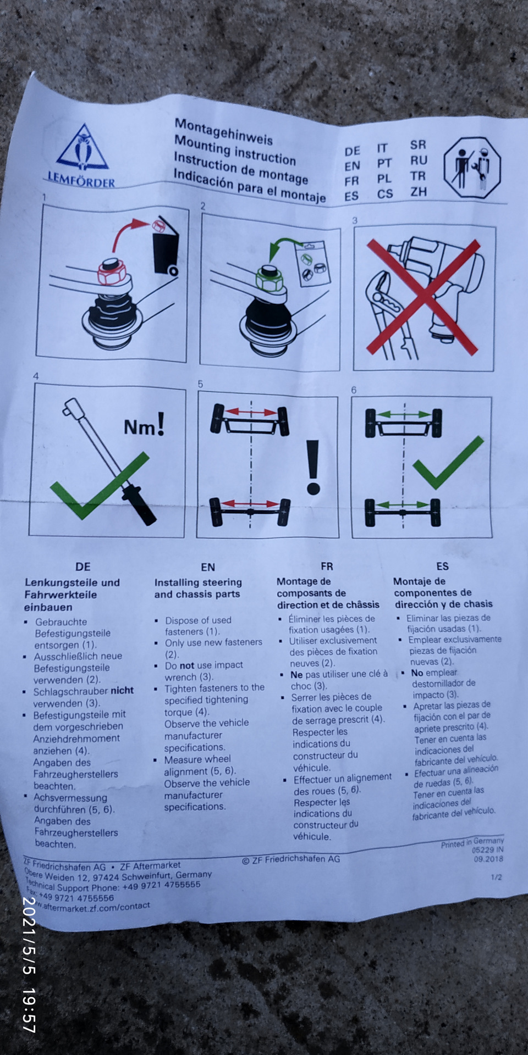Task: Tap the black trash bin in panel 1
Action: tap(166, 246)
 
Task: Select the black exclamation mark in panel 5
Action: tap(313, 467)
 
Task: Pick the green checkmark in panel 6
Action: tap(448, 463)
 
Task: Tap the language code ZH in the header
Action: tap(418, 192)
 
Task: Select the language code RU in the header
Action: tap(418, 160)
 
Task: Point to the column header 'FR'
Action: tap(327, 566)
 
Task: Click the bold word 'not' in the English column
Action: tap(187, 665)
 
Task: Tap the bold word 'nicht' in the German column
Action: tap(122, 691)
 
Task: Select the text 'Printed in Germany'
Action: tap(472, 842)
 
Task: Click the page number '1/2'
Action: tap(496, 877)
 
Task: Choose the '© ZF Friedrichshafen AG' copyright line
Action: tap(291, 859)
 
